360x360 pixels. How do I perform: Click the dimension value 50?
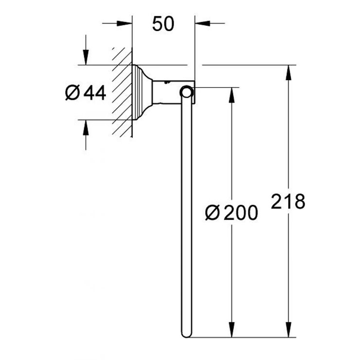[162, 23]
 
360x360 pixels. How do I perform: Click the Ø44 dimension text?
[86, 92]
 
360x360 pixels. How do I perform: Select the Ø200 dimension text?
[231, 213]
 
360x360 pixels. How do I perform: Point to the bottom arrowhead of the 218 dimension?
[289, 330]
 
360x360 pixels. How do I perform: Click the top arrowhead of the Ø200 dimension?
[231, 94]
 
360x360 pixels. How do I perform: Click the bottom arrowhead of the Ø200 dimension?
[231, 330]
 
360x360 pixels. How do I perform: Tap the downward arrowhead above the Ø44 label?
[86, 58]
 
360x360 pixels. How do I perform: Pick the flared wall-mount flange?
[142, 92]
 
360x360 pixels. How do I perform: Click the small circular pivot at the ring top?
[186, 91]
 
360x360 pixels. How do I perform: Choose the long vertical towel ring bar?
[186, 214]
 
